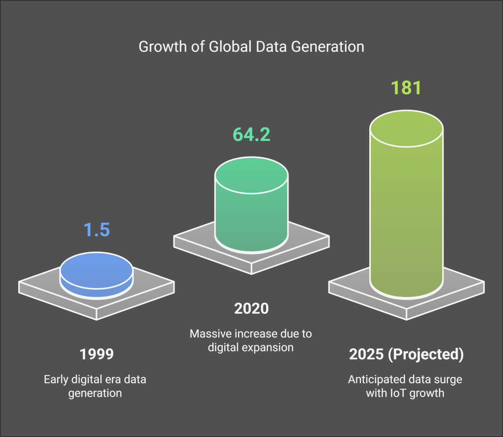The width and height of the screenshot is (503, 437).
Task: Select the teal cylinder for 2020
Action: (251, 212)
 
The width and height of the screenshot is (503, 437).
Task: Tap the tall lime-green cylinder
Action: (407, 212)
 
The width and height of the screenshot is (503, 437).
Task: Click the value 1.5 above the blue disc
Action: (96, 230)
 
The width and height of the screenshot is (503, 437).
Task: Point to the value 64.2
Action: (251, 134)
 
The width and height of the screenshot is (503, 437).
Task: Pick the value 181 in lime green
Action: (407, 88)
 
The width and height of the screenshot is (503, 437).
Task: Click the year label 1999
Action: (96, 354)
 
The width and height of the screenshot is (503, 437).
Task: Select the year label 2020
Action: (251, 308)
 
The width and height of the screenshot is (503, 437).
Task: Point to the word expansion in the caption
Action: (269, 347)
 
